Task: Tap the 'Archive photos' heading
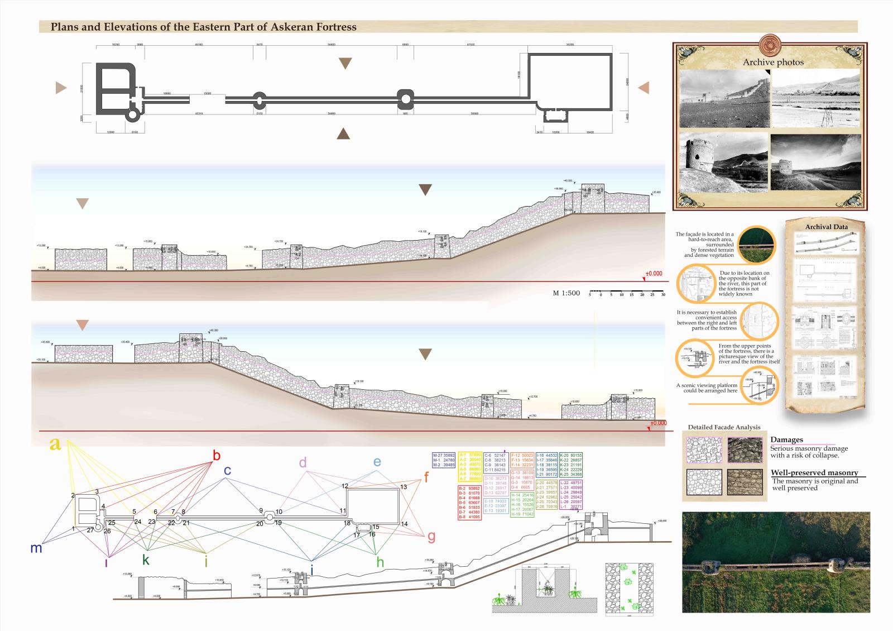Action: point(773,62)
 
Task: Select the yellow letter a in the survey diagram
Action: point(55,444)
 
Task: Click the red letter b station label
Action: point(217,456)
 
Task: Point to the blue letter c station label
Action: point(227,471)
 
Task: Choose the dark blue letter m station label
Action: point(36,548)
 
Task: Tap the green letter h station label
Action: point(380,562)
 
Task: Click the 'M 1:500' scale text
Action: point(566,293)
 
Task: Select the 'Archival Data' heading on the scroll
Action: point(826,227)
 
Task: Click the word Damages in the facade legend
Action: point(786,440)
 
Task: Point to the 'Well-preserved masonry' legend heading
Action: point(814,473)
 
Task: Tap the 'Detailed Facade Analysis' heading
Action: point(724,427)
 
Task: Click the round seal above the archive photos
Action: point(773,44)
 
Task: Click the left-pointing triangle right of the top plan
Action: point(644,88)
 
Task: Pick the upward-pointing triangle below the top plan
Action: point(343,133)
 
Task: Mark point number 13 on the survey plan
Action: point(404,487)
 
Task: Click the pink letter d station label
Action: point(303,462)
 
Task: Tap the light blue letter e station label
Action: point(377,462)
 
